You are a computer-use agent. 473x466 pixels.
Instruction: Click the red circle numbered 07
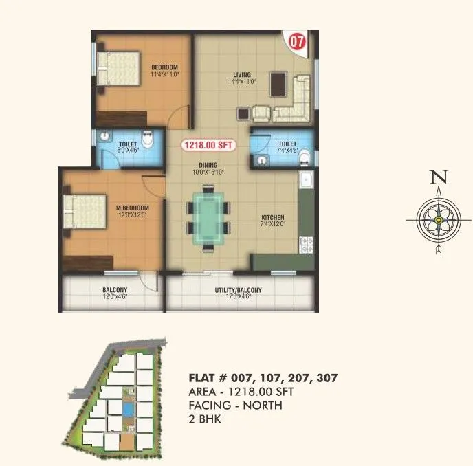tap(297, 40)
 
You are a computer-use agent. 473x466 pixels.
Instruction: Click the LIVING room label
tap(242, 74)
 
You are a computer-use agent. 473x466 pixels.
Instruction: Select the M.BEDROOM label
tap(132, 208)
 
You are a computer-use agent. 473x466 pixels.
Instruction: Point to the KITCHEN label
tap(273, 217)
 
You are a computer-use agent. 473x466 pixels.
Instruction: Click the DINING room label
tap(208, 165)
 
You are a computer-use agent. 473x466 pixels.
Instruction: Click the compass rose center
tap(438, 220)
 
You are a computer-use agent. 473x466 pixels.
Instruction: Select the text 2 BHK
tap(204, 418)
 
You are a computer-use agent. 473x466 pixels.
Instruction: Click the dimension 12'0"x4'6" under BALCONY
tap(114, 298)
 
